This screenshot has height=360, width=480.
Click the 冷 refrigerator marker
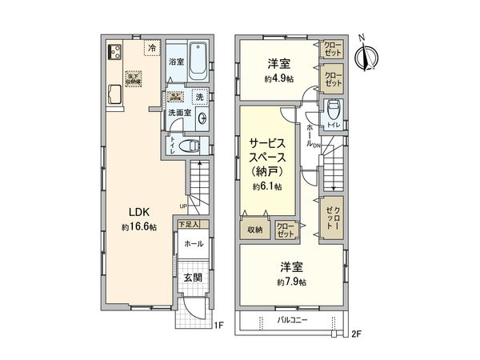(x=151, y=49)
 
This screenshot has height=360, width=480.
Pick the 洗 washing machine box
(x=198, y=98)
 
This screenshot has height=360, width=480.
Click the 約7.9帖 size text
(x=291, y=282)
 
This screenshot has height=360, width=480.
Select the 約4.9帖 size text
(x=281, y=78)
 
